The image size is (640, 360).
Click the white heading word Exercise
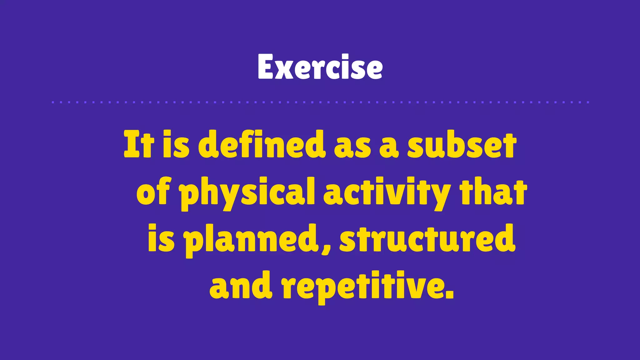[320, 67]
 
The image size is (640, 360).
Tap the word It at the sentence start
[139, 144]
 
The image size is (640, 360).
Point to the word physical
[247, 192]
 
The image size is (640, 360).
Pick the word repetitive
[362, 286]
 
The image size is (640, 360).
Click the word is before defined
[176, 144]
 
